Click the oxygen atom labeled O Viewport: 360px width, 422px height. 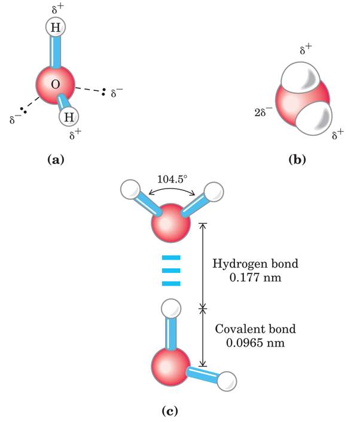[x=55, y=85]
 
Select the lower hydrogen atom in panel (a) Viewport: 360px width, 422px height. [x=68, y=116]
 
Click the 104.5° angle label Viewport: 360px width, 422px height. [x=172, y=179]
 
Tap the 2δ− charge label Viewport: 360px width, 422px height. [x=262, y=112]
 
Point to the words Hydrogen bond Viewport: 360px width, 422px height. [x=247, y=263]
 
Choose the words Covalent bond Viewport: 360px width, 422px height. [x=247, y=330]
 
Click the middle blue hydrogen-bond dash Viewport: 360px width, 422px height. [x=170, y=270]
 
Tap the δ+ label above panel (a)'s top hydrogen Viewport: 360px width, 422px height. [x=54, y=8]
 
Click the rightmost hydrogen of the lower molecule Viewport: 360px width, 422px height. [x=227, y=381]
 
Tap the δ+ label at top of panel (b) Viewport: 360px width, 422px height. [x=305, y=51]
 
